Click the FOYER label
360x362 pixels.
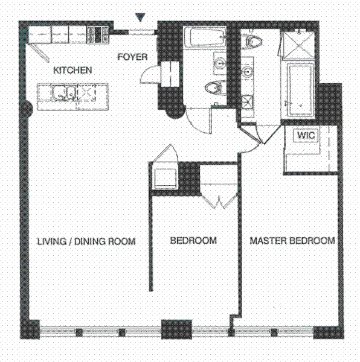pyautogui.click(x=132, y=57)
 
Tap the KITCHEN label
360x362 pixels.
pyautogui.click(x=72, y=70)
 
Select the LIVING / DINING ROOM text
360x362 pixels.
pyautogui.click(x=86, y=241)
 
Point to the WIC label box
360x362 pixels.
pyautogui.click(x=306, y=135)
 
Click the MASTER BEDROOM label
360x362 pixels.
pyautogui.click(x=292, y=241)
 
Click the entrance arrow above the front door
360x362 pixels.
pyautogui.click(x=140, y=17)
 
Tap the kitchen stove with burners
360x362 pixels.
pyautogui.click(x=98, y=35)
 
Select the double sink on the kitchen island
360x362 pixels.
pyautogui.click(x=64, y=94)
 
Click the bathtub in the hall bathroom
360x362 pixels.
pyautogui.click(x=205, y=37)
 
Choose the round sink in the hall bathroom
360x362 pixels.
pyautogui.click(x=219, y=63)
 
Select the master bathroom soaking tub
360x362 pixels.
pyautogui.click(x=300, y=90)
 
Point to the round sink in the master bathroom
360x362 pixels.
pyautogui.click(x=248, y=71)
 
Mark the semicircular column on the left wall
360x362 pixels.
pyautogui.click(x=29, y=107)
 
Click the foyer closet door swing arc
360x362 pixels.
pyautogui.click(x=146, y=74)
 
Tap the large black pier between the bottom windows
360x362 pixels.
pyautogui.click(x=176, y=329)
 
